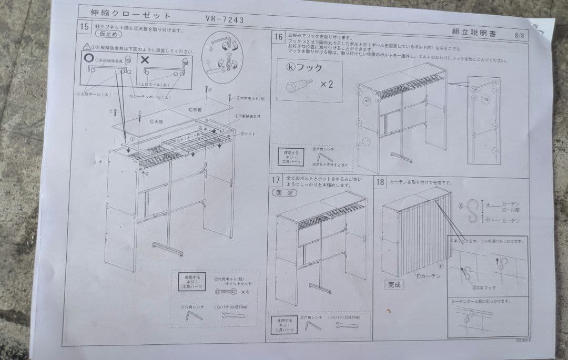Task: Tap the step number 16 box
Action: click(x=278, y=36)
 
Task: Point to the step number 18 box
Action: click(x=380, y=182)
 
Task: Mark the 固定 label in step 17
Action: click(x=284, y=192)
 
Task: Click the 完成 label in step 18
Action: click(x=394, y=284)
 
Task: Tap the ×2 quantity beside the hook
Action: click(x=327, y=84)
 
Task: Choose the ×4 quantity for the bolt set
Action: click(x=245, y=292)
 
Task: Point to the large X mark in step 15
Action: click(x=145, y=59)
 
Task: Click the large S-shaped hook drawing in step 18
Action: click(x=472, y=211)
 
